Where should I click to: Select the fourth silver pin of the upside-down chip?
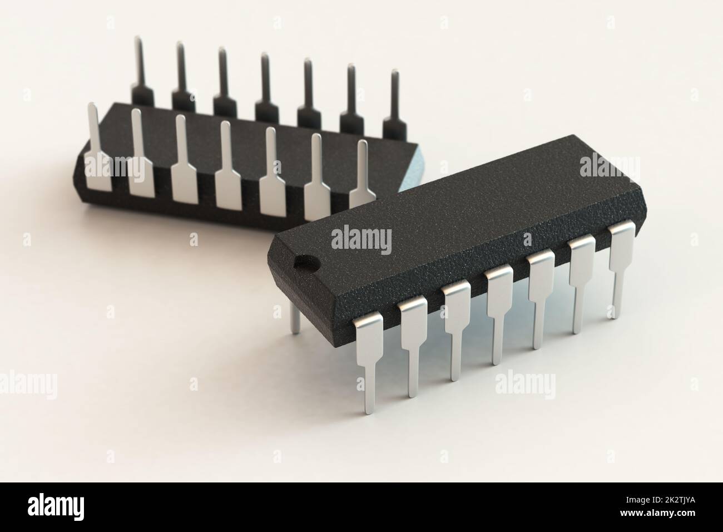click(227, 167)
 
